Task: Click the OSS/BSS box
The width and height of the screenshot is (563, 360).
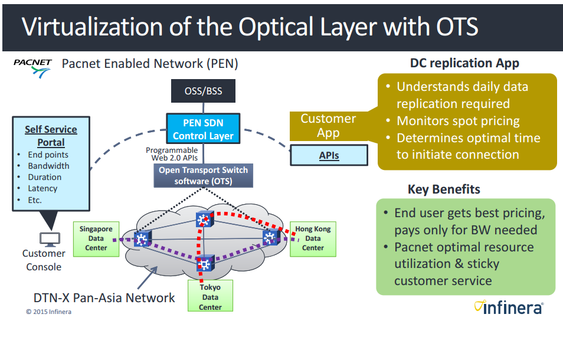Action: click(203, 91)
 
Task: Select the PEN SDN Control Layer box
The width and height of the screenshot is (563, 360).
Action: click(203, 129)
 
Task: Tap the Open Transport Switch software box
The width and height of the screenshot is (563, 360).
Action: click(203, 175)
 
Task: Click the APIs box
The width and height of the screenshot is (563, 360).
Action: click(329, 155)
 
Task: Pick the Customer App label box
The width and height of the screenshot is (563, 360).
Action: click(328, 126)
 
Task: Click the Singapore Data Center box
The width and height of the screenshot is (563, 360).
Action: click(96, 238)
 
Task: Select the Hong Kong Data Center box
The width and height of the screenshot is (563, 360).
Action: click(313, 238)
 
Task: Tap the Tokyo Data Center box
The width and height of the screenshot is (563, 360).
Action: click(211, 296)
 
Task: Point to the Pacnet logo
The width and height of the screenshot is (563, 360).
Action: click(33, 68)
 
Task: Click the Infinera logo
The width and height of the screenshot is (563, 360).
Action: click(509, 307)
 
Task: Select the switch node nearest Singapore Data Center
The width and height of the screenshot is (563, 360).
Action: click(142, 238)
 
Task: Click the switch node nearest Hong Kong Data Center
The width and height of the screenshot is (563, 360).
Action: click(271, 238)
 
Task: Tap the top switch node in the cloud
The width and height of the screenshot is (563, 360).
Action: click(205, 218)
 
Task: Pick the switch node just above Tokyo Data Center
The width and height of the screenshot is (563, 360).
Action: click(205, 263)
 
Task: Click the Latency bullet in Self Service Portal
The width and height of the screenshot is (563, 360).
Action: click(42, 188)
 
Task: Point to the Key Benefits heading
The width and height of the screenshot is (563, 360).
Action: click(444, 189)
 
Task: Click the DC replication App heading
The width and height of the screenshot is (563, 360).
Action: click(464, 63)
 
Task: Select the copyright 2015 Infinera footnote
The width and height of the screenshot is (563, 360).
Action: click(48, 312)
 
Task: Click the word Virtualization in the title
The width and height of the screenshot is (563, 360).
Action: click(93, 27)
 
